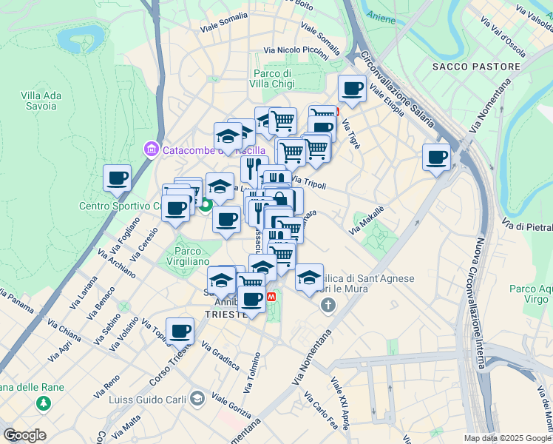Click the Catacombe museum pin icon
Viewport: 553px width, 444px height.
pyautogui.click(x=152, y=150)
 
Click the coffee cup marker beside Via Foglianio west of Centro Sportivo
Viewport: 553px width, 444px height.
pyautogui.click(x=117, y=178)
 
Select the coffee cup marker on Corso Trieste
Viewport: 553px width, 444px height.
pyautogui.click(x=180, y=332)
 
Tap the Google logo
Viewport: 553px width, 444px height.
pyautogui.click(x=24, y=435)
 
